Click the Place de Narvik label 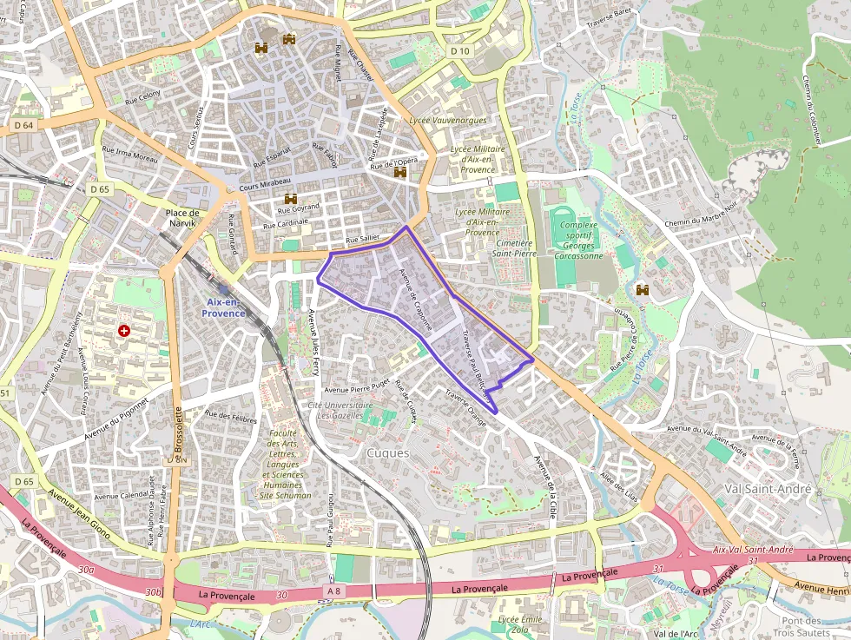tap(182, 218)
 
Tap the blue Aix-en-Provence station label tap(225, 307)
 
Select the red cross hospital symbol tap(124, 331)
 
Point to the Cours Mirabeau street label tap(262, 187)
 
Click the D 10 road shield tap(460, 51)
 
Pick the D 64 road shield tap(23, 126)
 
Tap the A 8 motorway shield tap(333, 591)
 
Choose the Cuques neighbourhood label tap(387, 452)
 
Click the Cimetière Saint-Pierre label tap(514, 248)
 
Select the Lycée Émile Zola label tap(520, 624)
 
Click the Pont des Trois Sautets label tap(802, 626)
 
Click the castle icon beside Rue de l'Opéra tap(400, 173)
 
